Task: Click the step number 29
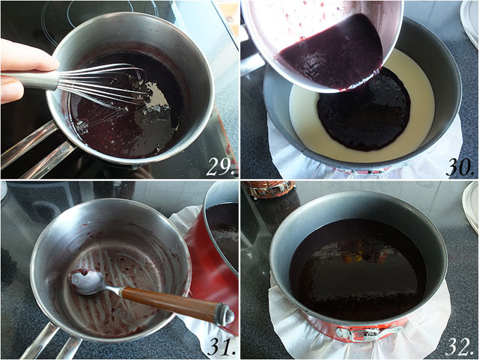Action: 219,168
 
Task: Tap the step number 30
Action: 460,168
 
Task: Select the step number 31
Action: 222,347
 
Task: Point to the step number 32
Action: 461,347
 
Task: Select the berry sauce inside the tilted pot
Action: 333,55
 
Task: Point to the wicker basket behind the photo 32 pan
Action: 269,189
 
